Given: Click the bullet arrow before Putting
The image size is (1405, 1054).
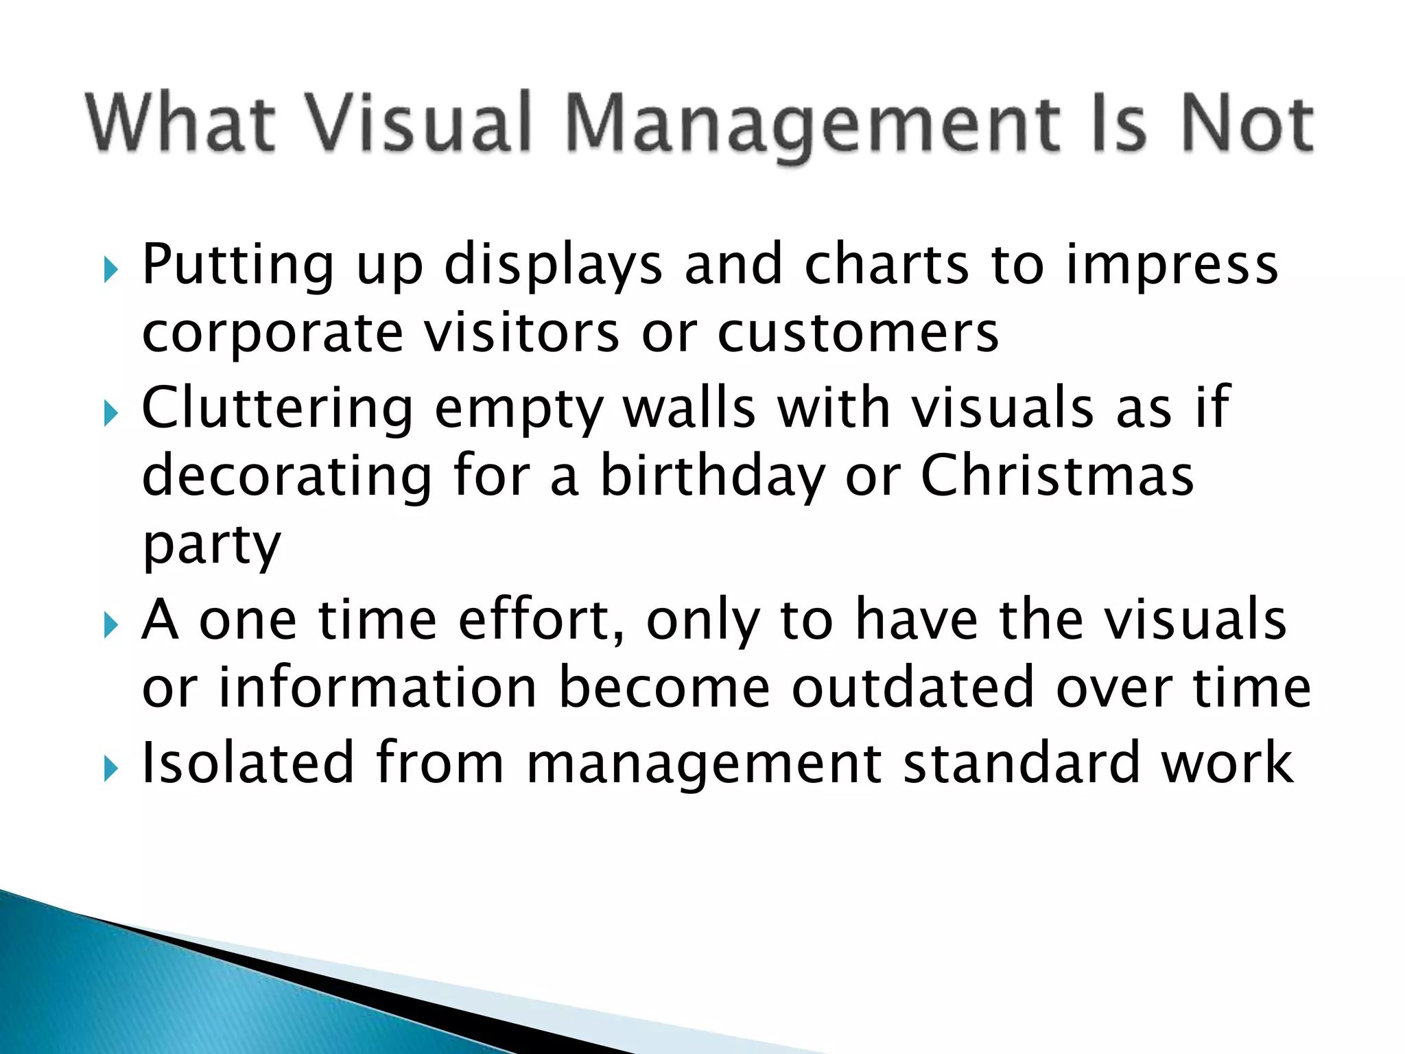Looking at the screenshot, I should (x=111, y=270).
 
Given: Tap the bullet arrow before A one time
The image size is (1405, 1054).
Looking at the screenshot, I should (x=111, y=625).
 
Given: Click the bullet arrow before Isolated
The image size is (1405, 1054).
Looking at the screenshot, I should (x=111, y=769).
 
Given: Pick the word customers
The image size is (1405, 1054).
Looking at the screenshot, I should (x=858, y=334).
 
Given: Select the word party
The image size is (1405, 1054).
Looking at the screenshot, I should (x=211, y=546).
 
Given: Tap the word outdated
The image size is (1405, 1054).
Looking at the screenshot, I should (x=913, y=688).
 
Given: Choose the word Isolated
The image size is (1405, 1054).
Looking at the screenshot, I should (x=248, y=762).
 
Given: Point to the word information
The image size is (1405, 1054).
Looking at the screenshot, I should (x=377, y=688).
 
